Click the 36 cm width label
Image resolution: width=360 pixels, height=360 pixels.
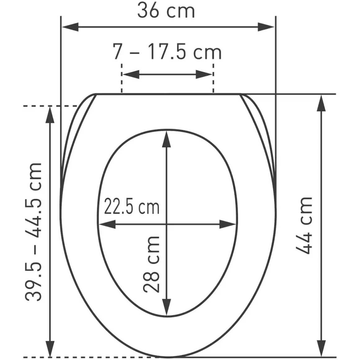[x=166, y=11]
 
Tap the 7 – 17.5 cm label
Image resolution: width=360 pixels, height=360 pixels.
[x=167, y=52]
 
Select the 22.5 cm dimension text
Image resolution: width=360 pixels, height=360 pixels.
[x=132, y=207]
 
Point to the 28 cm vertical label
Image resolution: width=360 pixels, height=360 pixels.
[x=151, y=264]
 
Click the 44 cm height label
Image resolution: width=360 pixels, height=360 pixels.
[x=304, y=225]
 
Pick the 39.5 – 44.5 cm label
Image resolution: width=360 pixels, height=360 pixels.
[x=34, y=232]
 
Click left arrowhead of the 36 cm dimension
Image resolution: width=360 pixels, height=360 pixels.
[x=70, y=27]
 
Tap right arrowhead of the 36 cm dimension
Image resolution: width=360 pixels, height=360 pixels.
[x=266, y=27]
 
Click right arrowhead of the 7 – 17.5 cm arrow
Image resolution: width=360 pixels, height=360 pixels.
[x=204, y=74]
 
